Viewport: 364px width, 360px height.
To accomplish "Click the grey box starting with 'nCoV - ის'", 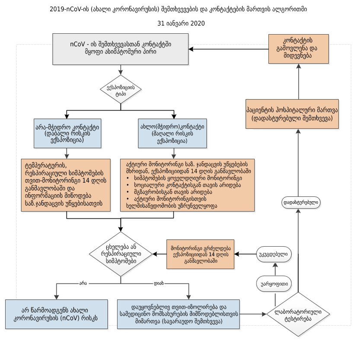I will click(121, 48).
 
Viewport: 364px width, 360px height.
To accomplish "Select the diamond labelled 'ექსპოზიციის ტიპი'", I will click(121, 90).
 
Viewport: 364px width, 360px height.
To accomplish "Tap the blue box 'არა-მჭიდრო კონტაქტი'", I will click(67, 133).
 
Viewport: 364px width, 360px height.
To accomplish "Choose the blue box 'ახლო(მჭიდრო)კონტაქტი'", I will click(172, 133).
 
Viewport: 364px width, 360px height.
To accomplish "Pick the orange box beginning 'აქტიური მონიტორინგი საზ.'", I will click(187, 185).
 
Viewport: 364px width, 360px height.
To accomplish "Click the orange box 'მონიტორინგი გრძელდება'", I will click(200, 254).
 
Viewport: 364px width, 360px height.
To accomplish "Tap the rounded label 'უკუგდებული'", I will click(274, 254).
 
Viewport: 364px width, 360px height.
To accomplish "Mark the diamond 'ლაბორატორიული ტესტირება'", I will click(298, 315).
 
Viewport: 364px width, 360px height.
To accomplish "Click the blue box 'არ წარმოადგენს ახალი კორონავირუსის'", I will click(57, 314).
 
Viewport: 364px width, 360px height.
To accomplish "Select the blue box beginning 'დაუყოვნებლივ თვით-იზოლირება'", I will click(179, 314).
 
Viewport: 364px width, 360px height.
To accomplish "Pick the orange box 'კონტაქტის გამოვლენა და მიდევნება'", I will click(298, 49).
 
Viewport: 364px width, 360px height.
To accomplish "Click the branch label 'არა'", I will click(83, 283).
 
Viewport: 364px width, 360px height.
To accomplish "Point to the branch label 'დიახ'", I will click(159, 283).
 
